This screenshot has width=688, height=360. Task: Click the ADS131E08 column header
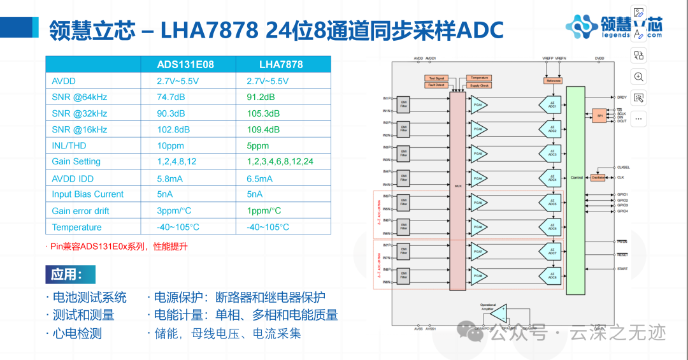click(x=185, y=64)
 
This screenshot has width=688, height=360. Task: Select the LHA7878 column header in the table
click(x=280, y=64)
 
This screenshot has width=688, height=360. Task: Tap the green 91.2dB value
click(x=261, y=97)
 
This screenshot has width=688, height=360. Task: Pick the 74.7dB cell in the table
click(x=171, y=97)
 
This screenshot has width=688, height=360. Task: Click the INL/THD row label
click(x=69, y=146)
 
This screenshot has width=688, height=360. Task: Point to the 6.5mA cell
click(x=259, y=178)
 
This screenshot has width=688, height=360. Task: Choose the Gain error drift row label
click(x=80, y=211)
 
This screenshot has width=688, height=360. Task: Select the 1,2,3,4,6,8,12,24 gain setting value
click(x=280, y=162)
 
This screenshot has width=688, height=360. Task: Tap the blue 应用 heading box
click(x=70, y=275)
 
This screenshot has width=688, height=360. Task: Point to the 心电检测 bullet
click(x=73, y=333)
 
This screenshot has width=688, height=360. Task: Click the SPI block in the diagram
click(x=599, y=116)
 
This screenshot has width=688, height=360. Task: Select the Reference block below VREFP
click(x=553, y=81)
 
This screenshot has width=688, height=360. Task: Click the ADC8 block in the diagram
click(x=551, y=276)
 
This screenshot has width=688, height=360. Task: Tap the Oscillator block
click(x=598, y=178)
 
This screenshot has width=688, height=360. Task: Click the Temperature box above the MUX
click(x=479, y=78)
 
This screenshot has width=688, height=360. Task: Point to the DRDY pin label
click(x=622, y=97)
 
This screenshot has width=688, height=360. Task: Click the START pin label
click(x=622, y=269)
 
